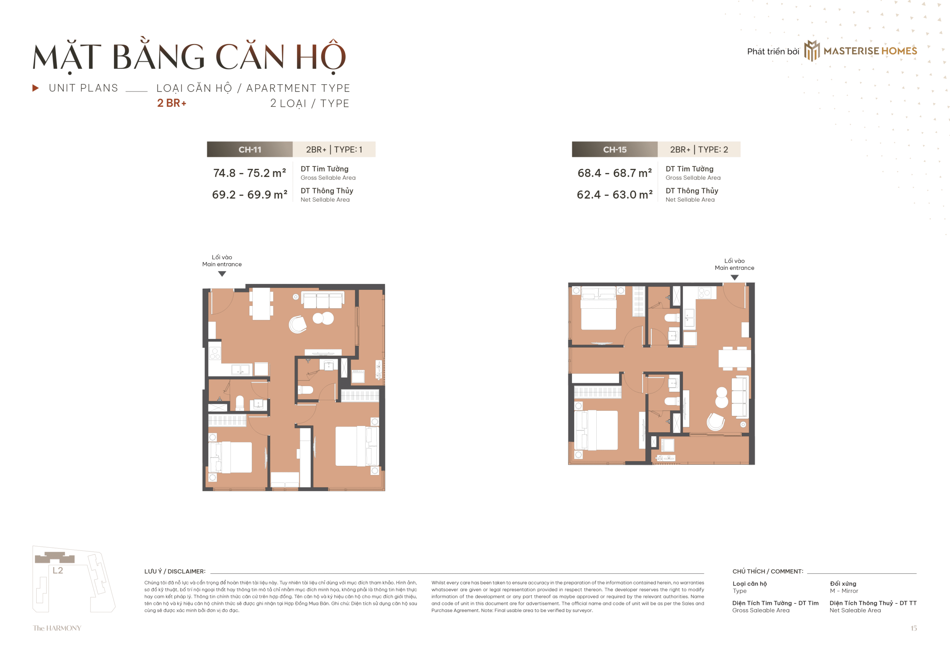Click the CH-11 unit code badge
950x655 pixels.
pyautogui.click(x=249, y=150)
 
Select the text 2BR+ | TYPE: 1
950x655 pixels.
pyautogui.click(x=334, y=150)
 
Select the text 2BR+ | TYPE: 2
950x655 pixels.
pyautogui.click(x=699, y=150)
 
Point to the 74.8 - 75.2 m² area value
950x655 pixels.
pyautogui.click(x=249, y=173)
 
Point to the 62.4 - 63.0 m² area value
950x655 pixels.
pyautogui.click(x=614, y=194)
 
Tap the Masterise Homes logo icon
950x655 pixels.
pyautogui.click(x=812, y=50)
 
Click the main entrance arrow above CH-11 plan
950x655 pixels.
pyautogui.click(x=222, y=274)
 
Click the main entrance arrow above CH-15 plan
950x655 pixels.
pyautogui.click(x=734, y=278)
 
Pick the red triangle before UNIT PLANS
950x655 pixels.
pyautogui.click(x=36, y=88)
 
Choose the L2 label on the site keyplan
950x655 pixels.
pyautogui.click(x=58, y=570)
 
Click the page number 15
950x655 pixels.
pyautogui.click(x=914, y=628)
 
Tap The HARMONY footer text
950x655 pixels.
pyautogui.click(x=57, y=628)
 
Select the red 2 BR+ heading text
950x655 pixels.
pyautogui.click(x=171, y=103)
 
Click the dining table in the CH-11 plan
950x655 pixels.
pyautogui.click(x=261, y=304)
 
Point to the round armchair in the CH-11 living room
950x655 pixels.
pyautogui.click(x=298, y=325)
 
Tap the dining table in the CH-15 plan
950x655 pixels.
pyautogui.click(x=734, y=358)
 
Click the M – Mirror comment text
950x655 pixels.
pyautogui.click(x=844, y=590)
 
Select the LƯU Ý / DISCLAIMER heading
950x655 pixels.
pyautogui.click(x=175, y=571)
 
